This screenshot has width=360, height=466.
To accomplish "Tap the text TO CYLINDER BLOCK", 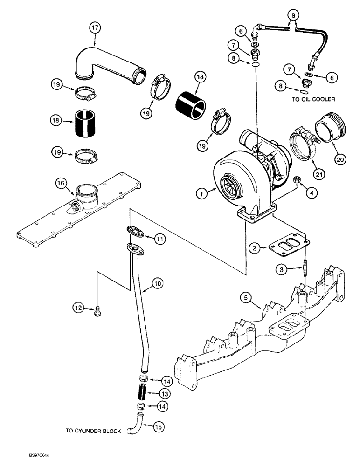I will pyautogui.click(x=94, y=431).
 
